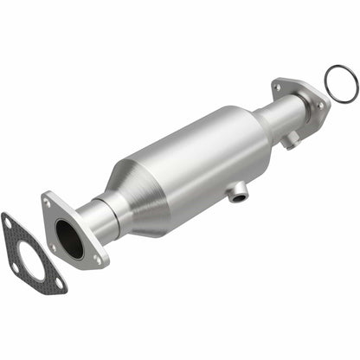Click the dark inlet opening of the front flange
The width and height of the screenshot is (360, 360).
[69, 240]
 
